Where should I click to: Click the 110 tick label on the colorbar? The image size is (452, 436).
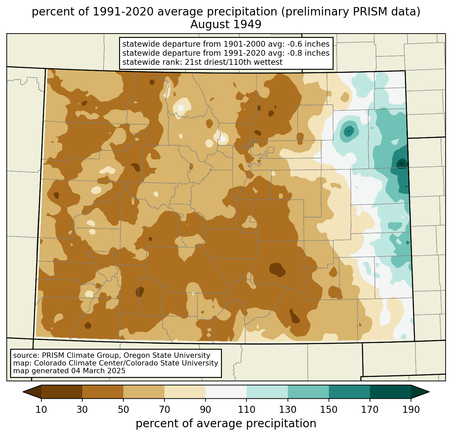[x=247, y=410]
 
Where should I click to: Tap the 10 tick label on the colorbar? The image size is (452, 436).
[x=41, y=410]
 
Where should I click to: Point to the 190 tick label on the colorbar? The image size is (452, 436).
[x=411, y=410]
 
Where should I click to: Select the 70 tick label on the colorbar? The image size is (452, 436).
[x=164, y=410]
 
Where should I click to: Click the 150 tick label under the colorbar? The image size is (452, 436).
[x=329, y=410]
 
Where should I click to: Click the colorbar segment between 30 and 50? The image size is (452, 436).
[x=103, y=392]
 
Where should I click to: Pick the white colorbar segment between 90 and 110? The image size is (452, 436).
[x=226, y=392]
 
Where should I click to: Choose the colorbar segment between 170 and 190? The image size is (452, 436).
[x=390, y=392]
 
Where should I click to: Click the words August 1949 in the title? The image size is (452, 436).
[x=226, y=25]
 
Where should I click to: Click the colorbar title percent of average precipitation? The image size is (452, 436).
[x=226, y=424]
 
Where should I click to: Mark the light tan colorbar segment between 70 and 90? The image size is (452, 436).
[x=185, y=392]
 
